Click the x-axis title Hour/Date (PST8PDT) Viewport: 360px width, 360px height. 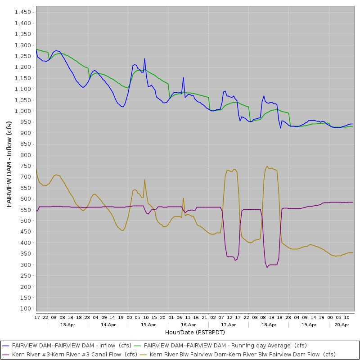click(195, 332)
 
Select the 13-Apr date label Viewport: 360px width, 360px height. click(67, 324)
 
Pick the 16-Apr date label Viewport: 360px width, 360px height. click(188, 324)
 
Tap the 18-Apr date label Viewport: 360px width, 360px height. click(269, 324)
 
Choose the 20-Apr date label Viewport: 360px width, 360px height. click(342, 324)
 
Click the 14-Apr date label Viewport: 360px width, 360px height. click(108, 324)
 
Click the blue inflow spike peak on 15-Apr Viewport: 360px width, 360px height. click(144, 58)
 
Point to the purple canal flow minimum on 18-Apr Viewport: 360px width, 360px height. click(267, 267)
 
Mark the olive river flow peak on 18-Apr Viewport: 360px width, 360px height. click(267, 166)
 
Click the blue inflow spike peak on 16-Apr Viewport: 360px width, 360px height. click(183, 77)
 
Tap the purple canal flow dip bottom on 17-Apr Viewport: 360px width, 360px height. click(235, 260)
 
